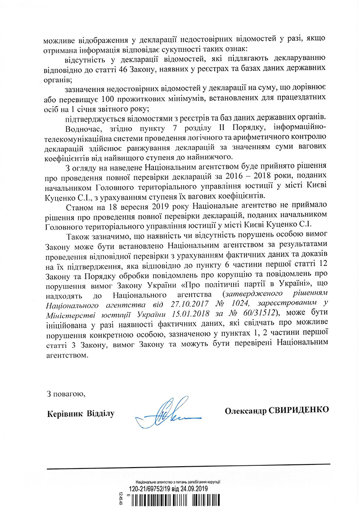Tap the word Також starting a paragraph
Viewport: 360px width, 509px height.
(x=77, y=235)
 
